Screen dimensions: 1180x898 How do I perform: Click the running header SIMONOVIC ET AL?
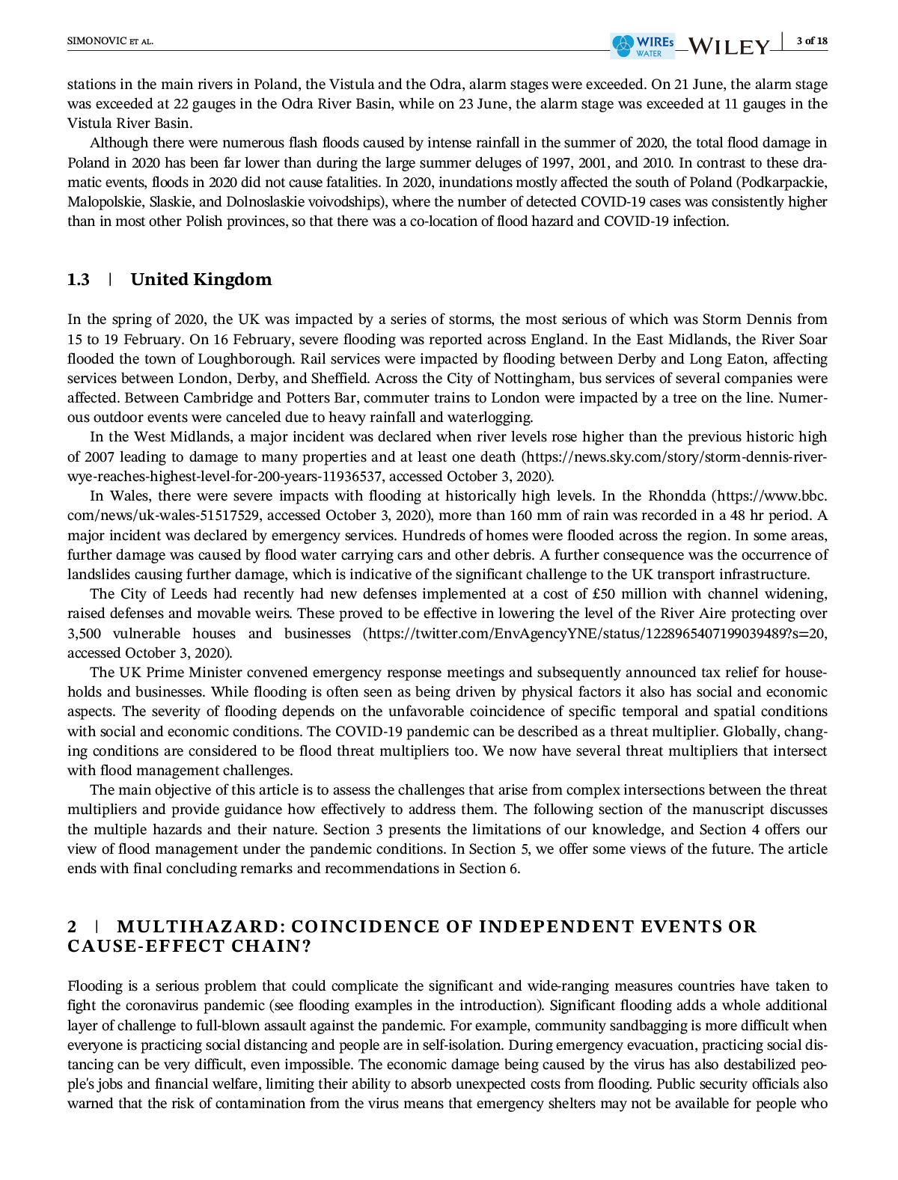pyautogui.click(x=110, y=41)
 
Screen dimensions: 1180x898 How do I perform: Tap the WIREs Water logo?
pyautogui.click(x=642, y=46)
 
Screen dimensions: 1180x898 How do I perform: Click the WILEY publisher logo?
pyautogui.click(x=728, y=46)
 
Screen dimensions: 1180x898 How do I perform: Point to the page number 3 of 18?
pyautogui.click(x=812, y=40)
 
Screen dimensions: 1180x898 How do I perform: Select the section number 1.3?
pyautogui.click(x=79, y=280)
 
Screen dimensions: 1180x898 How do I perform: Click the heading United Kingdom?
pyautogui.click(x=201, y=280)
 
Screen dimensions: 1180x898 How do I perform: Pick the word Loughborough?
pyautogui.click(x=245, y=359)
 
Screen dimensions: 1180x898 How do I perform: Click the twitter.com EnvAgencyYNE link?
pyautogui.click(x=595, y=634)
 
